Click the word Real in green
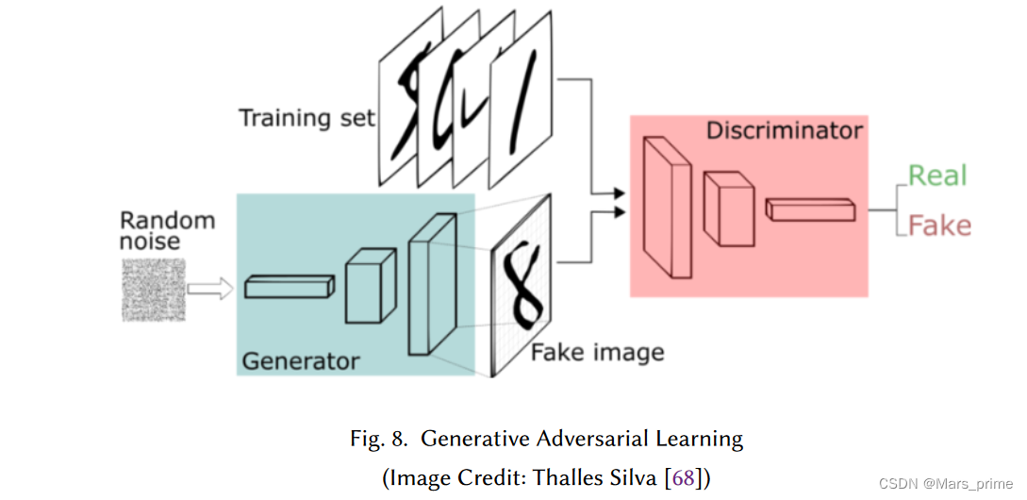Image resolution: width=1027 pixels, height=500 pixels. tap(937, 176)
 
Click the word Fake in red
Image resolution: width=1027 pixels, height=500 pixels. tap(938, 226)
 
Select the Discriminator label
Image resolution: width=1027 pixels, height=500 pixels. tap(784, 129)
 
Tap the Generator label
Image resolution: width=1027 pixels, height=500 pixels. tap(300, 360)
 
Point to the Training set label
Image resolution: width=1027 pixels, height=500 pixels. tap(306, 119)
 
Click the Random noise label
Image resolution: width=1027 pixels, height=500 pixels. tap(167, 231)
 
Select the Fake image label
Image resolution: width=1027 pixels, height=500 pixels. tap(597, 353)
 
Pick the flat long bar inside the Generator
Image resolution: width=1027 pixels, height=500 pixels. tap(289, 287)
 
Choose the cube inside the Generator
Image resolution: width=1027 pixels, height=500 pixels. tap(369, 287)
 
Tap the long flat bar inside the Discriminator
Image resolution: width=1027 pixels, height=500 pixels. tap(810, 210)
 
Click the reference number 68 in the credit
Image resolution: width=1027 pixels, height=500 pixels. tap(683, 477)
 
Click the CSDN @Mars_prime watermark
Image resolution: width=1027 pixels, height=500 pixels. tap(945, 484)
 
